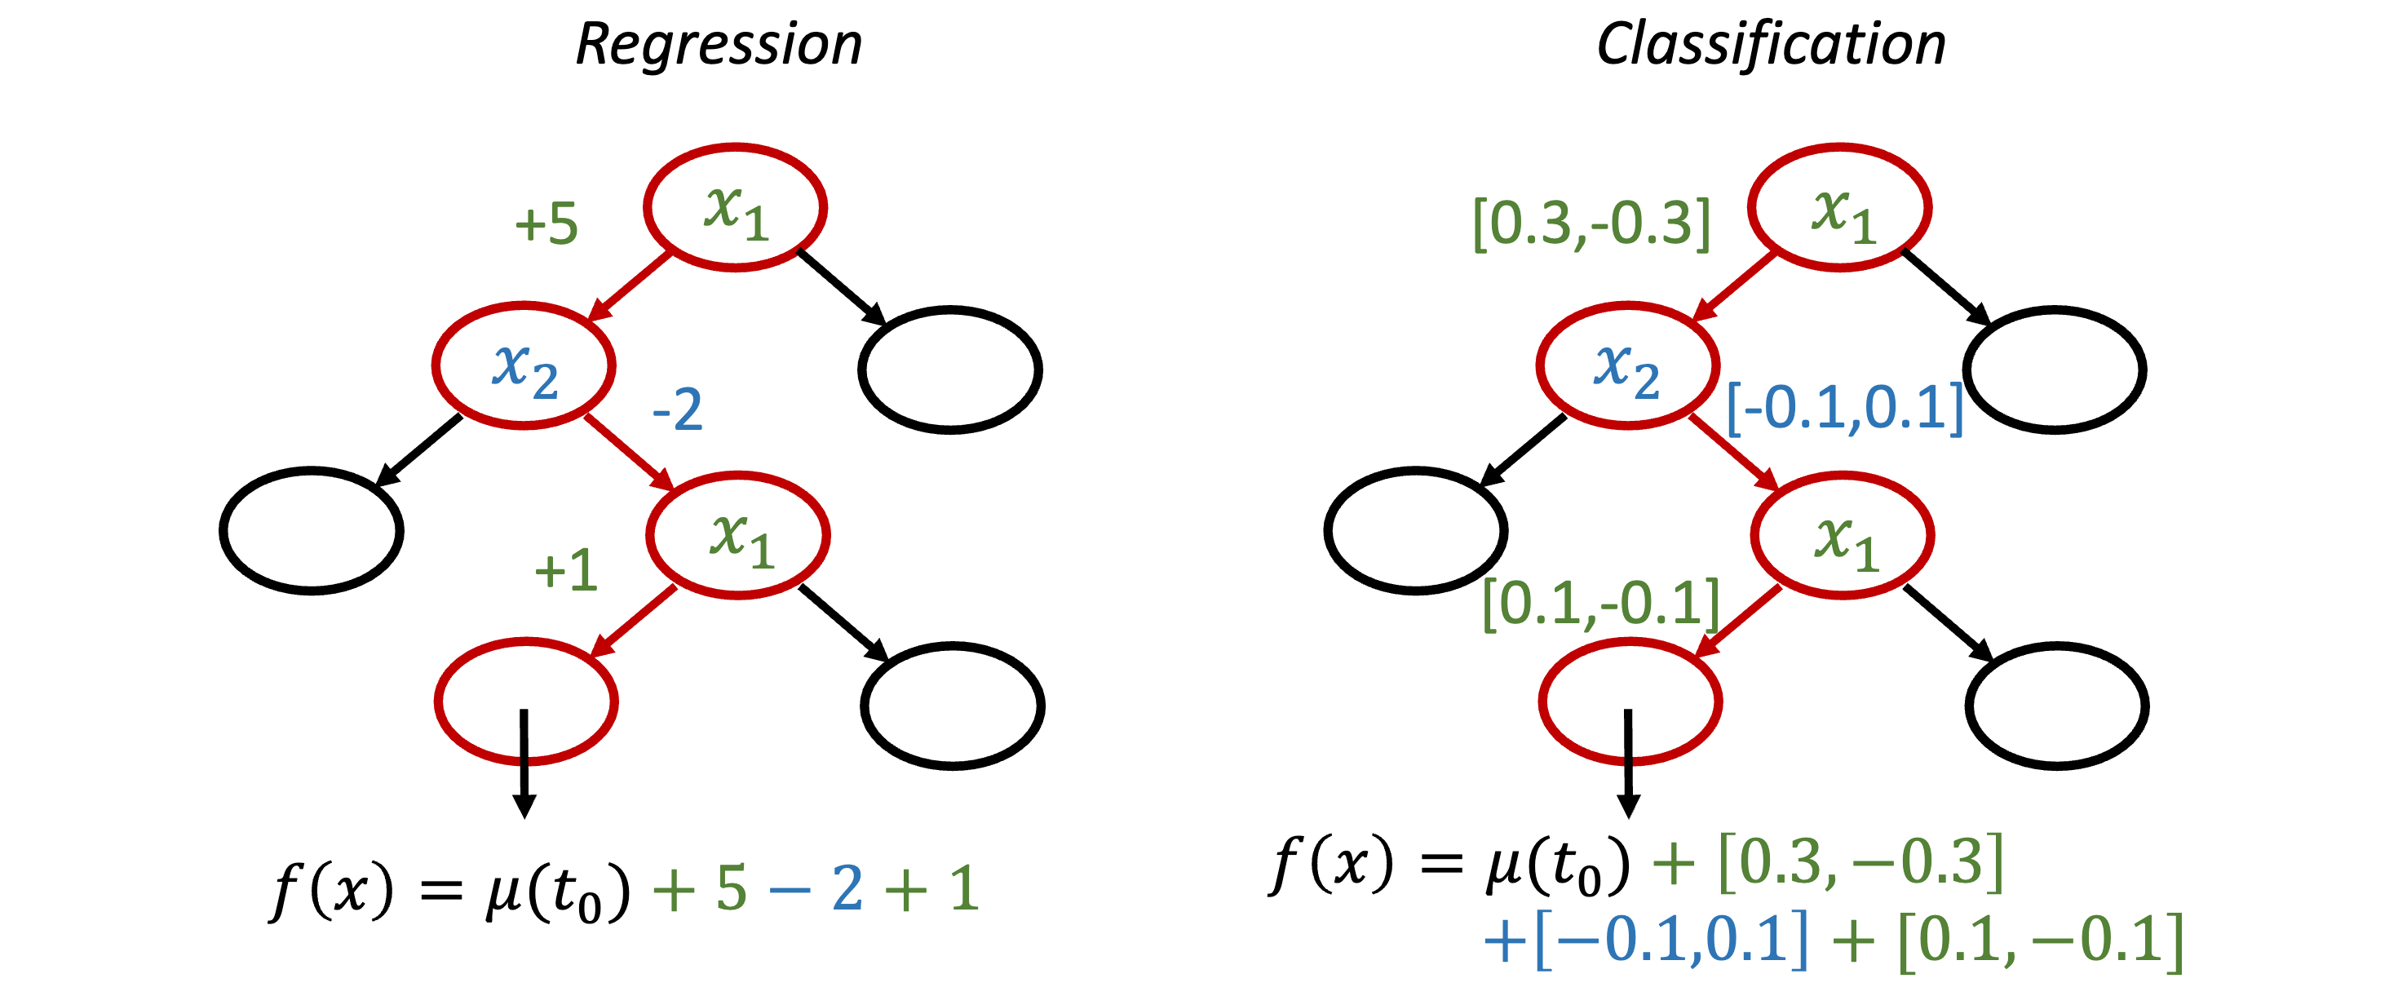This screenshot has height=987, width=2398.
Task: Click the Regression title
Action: (x=719, y=44)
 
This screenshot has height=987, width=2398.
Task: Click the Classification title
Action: (x=1771, y=44)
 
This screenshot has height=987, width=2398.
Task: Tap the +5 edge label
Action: (x=546, y=224)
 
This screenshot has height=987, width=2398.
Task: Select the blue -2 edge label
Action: (x=677, y=409)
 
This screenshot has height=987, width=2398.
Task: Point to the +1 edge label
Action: (x=565, y=570)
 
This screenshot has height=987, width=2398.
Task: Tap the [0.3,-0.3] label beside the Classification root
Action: (x=1591, y=224)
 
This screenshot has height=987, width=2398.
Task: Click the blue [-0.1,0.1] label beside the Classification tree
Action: (x=1844, y=409)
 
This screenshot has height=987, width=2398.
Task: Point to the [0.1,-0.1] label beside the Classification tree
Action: (x=1600, y=604)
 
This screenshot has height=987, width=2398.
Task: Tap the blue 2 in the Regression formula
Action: (x=846, y=888)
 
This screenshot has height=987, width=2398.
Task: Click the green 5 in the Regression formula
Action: (x=732, y=888)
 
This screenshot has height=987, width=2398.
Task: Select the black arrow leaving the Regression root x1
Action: (x=842, y=287)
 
